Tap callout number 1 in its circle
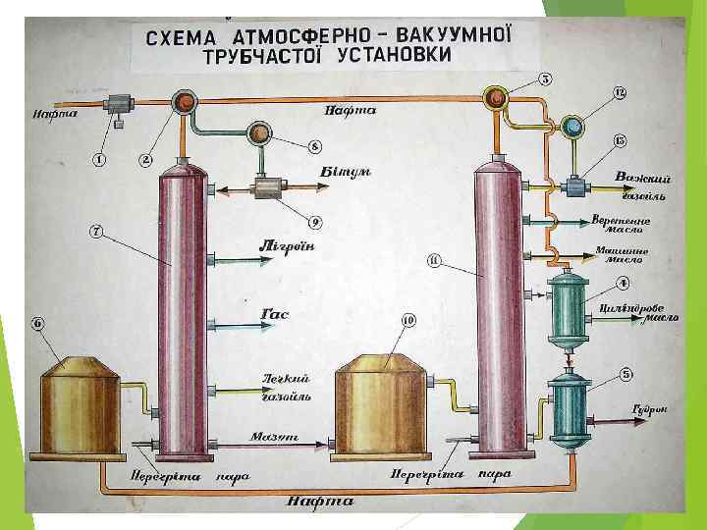(x=99, y=157)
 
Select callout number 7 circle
(x=96, y=232)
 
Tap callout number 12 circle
(x=619, y=92)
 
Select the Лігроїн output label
(x=287, y=245)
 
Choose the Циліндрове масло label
(x=638, y=313)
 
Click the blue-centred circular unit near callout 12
(x=571, y=126)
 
